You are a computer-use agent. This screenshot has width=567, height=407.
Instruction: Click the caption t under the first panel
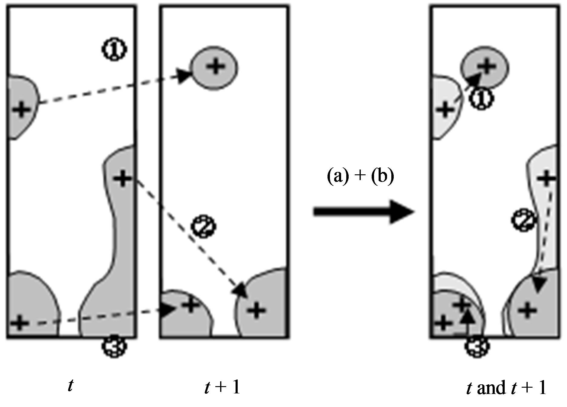click(x=70, y=386)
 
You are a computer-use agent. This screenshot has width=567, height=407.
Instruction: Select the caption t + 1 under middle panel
click(x=222, y=387)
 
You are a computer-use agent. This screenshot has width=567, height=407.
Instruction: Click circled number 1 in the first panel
click(x=114, y=49)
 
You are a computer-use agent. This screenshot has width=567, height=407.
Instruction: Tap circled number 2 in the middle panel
click(x=203, y=226)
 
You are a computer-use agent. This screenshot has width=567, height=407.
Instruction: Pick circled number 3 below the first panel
click(x=114, y=346)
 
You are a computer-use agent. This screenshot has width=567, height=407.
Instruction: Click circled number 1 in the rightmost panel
click(x=481, y=99)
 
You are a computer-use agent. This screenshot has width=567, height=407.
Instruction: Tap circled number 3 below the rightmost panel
click(x=477, y=346)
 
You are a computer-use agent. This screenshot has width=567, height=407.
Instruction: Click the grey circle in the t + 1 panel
click(x=214, y=68)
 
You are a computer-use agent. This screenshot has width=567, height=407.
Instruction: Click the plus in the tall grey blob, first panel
click(x=122, y=179)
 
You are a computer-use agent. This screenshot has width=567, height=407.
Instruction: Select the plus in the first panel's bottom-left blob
click(x=20, y=323)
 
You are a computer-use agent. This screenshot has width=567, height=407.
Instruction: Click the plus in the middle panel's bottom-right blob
click(x=257, y=310)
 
